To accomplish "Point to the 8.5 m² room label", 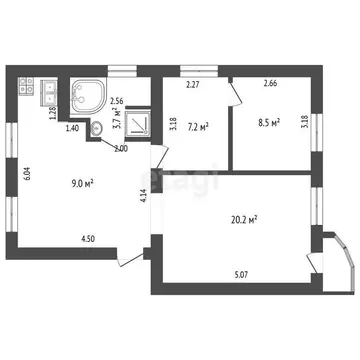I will click(x=268, y=124).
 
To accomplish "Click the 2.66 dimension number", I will click(x=268, y=86).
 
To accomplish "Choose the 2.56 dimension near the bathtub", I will click(x=117, y=101).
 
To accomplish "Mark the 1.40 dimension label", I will click(x=72, y=128).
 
